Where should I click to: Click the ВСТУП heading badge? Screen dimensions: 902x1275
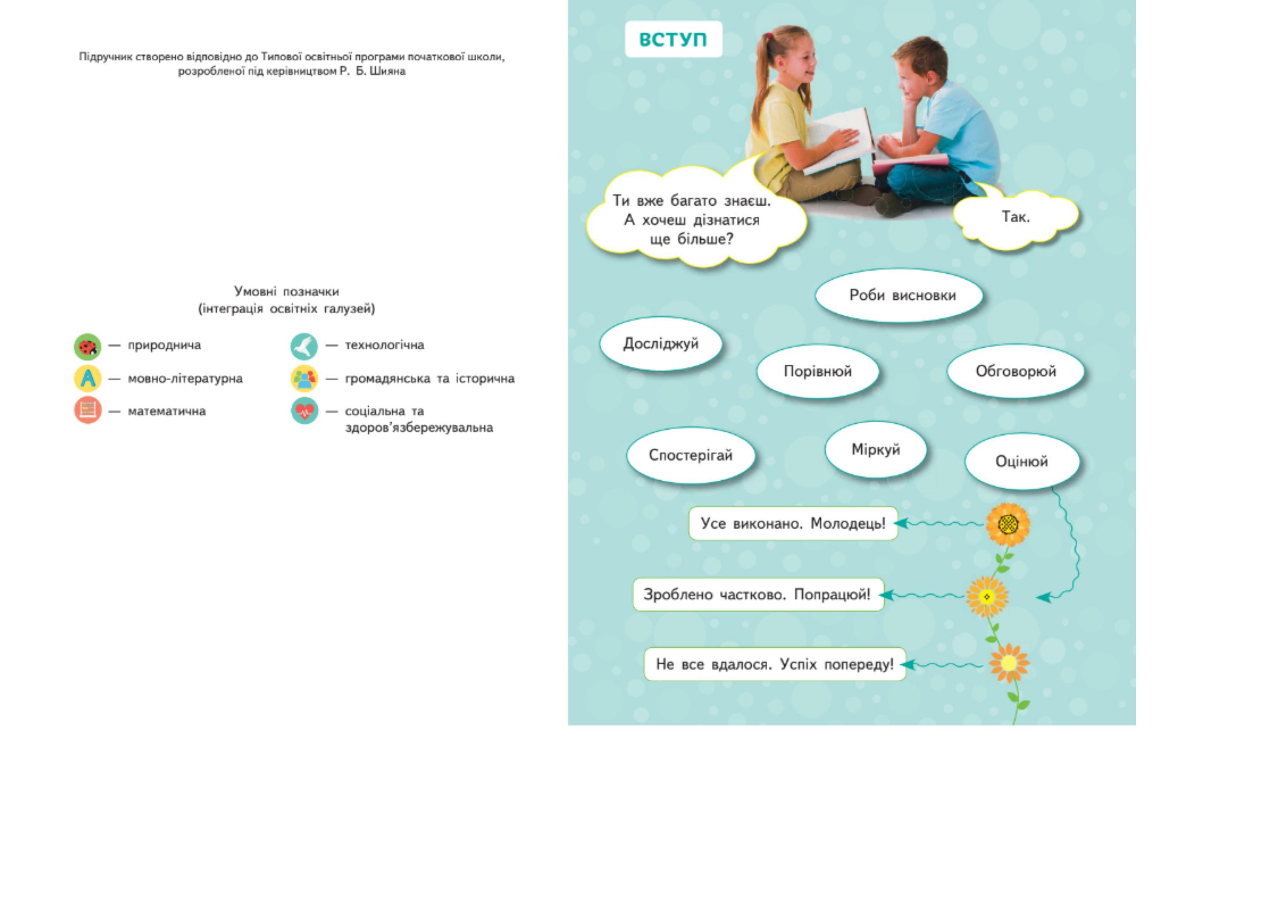pos(673,39)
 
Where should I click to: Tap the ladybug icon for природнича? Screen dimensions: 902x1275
pos(88,347)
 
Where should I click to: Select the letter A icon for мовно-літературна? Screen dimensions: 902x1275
pos(88,379)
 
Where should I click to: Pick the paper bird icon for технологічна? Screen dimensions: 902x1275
pos(304,347)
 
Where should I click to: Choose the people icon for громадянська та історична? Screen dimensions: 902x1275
pos(304,379)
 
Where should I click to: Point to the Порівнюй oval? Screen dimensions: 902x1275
pos(817,371)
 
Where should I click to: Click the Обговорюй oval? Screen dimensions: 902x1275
pos(1016,371)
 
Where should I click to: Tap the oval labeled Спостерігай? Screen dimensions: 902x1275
pos(690,455)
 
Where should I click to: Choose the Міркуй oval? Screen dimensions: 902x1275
pos(876,450)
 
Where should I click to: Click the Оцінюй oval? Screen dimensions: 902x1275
pos(1022,461)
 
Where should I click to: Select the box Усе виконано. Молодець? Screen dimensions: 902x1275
pos(793,523)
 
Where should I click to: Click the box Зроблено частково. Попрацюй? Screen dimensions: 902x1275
pos(757,595)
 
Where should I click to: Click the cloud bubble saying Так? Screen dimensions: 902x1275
pos(1016,217)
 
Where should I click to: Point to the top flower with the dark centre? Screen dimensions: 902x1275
pos(1008,524)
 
